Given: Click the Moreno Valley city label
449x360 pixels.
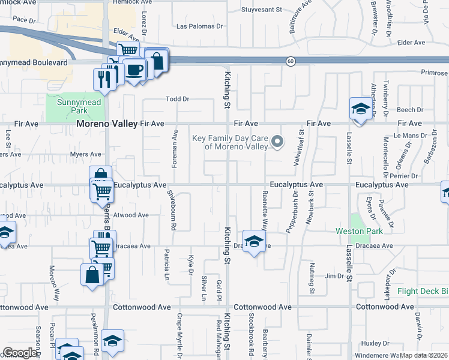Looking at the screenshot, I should pyautogui.click(x=107, y=124).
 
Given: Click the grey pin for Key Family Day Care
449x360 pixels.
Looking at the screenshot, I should pyautogui.click(x=277, y=142).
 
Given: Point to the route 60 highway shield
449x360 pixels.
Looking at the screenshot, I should pyautogui.click(x=291, y=61).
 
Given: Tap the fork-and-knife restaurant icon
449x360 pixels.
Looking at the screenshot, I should pyautogui.click(x=105, y=79).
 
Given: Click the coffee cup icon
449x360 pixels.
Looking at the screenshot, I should pyautogui.click(x=135, y=69).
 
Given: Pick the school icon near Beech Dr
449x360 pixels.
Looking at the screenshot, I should pyautogui.click(x=360, y=109).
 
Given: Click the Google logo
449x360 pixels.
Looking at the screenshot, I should pyautogui.click(x=20, y=353).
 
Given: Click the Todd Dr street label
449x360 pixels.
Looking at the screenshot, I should pyautogui.click(x=178, y=99).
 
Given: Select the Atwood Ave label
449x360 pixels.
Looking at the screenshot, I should pyautogui.click(x=130, y=215).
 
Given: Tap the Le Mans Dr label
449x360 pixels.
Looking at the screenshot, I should pyautogui.click(x=409, y=136).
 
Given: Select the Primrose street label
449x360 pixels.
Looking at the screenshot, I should pyautogui.click(x=433, y=72).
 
